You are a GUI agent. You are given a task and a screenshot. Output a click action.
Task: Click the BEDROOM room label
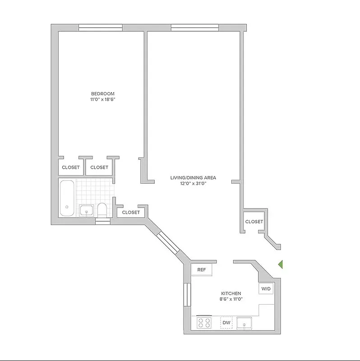[99, 93]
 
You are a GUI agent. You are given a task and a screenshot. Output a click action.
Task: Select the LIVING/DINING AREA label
[193, 178]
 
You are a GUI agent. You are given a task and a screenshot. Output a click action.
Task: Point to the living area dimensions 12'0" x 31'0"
[193, 184]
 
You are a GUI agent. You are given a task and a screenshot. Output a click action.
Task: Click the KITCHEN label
[231, 293]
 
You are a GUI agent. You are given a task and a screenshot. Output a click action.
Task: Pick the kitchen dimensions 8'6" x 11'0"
[231, 299]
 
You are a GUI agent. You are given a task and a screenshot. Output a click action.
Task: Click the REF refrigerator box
[202, 270]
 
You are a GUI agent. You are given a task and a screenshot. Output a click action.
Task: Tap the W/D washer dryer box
[266, 289]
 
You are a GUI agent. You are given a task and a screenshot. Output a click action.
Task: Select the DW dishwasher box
[226, 323]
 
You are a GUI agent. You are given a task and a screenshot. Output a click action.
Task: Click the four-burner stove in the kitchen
[204, 323]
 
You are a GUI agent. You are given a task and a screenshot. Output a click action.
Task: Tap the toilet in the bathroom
[102, 209]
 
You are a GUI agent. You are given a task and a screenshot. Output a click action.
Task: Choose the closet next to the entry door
[254, 222]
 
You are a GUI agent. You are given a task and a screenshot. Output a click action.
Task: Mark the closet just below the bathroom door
[131, 212]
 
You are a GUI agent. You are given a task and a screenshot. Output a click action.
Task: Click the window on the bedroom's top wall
[100, 28]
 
